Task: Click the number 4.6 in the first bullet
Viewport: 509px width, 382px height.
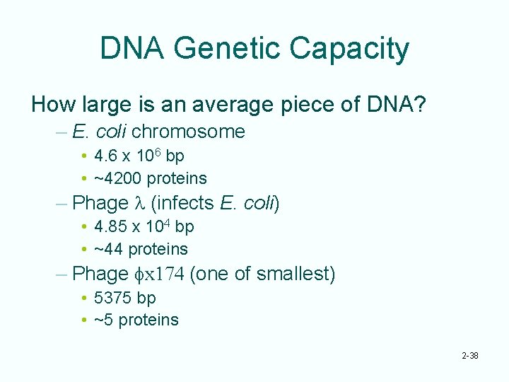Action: click(x=106, y=156)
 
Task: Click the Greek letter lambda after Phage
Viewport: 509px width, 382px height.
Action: click(x=139, y=203)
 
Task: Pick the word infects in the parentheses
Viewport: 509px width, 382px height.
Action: click(x=185, y=203)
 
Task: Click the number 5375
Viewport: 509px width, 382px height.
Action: click(x=114, y=297)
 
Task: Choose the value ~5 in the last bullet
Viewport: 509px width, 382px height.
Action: click(x=103, y=320)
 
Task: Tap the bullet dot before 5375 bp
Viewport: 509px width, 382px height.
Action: click(x=84, y=298)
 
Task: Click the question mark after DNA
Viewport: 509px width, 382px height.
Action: click(x=420, y=106)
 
